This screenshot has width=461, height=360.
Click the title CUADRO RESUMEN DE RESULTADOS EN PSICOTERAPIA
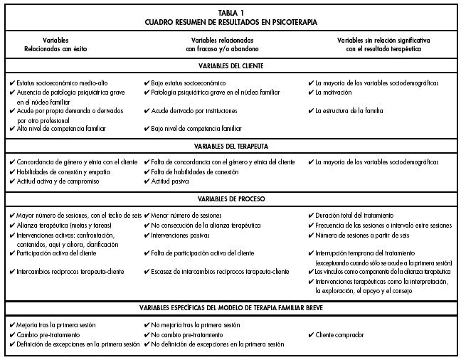click(x=231, y=22)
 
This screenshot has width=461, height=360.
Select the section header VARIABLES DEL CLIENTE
click(x=231, y=66)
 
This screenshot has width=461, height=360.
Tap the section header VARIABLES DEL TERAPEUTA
click(x=231, y=146)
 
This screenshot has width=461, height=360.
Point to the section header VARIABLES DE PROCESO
click(x=231, y=198)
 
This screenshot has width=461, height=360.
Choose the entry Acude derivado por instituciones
click(x=198, y=111)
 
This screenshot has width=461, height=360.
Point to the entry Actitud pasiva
click(x=172, y=181)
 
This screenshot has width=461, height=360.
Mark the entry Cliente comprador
click(x=345, y=334)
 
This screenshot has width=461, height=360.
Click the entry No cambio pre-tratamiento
click(x=190, y=334)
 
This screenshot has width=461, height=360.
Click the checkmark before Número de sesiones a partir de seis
click(x=311, y=234)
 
